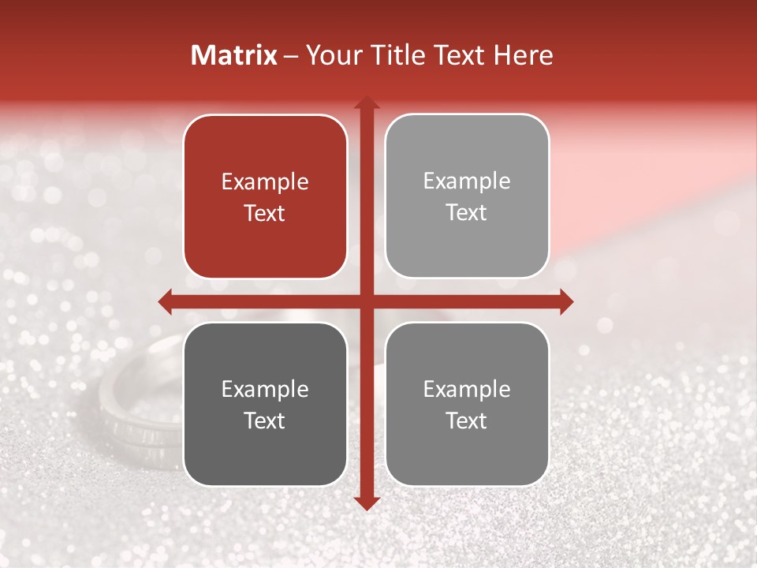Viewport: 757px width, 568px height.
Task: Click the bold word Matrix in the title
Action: pos(234,55)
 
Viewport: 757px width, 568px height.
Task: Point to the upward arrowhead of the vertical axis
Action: pos(367,102)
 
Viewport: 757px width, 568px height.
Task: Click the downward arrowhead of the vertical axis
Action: pos(367,503)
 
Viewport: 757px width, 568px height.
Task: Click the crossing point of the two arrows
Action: pos(367,301)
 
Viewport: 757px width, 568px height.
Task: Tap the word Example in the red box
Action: pos(265,182)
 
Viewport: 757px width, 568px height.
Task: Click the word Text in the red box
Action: pos(265,213)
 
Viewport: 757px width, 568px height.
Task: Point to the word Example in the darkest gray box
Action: pos(265,390)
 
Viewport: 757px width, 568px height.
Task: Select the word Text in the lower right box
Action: pos(467,420)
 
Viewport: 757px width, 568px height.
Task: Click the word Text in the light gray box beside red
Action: pos(467,212)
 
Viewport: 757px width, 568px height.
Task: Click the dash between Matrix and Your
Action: pos(291,56)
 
